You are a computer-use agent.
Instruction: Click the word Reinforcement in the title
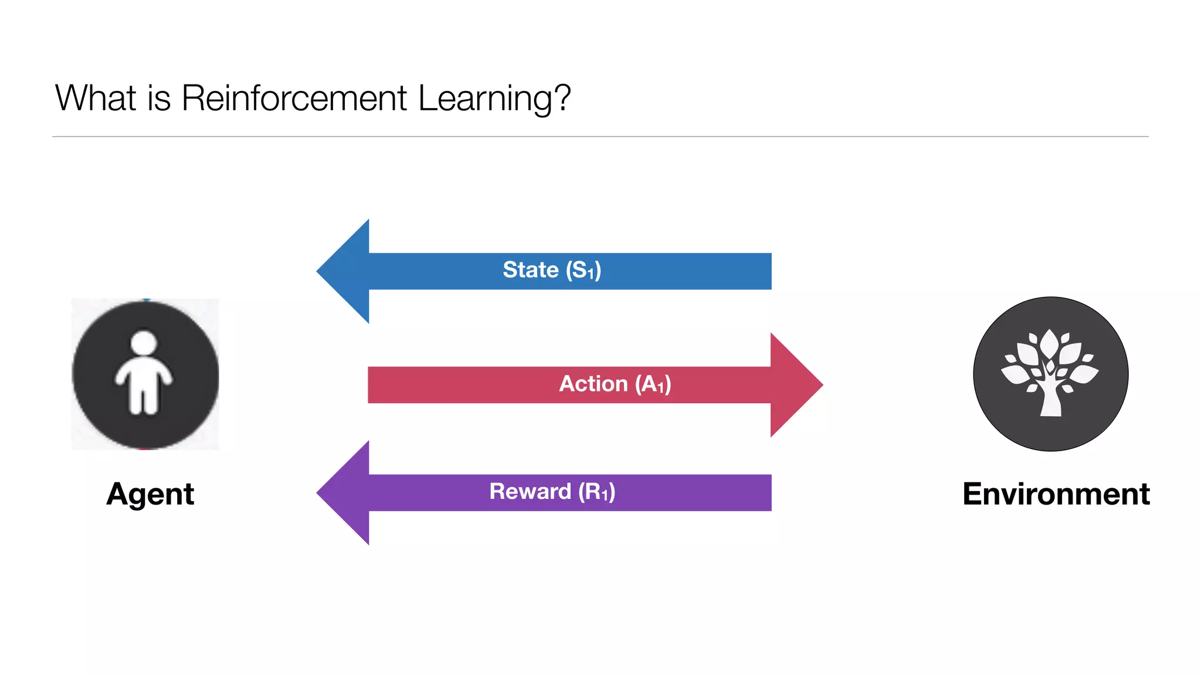click(x=294, y=98)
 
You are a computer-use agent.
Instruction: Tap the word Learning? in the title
click(x=494, y=98)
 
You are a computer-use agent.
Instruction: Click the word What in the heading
click(x=96, y=98)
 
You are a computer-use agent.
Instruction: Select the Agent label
click(x=150, y=494)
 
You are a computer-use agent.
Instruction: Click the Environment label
click(x=1056, y=494)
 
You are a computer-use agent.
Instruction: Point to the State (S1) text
click(x=552, y=270)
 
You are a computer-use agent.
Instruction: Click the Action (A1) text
click(x=615, y=384)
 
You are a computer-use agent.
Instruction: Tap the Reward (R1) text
click(x=552, y=492)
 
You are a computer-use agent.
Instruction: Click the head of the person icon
click(x=144, y=343)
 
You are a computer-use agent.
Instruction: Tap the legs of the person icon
click(x=144, y=399)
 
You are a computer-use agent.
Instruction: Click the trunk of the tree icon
click(x=1050, y=402)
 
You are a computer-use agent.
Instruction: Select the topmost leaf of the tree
click(x=1049, y=342)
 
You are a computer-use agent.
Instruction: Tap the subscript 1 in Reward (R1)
click(x=604, y=496)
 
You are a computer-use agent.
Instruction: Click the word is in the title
click(x=159, y=98)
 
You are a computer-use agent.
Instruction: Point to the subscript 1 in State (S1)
click(x=591, y=274)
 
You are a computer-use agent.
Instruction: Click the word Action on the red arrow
click(x=593, y=384)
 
